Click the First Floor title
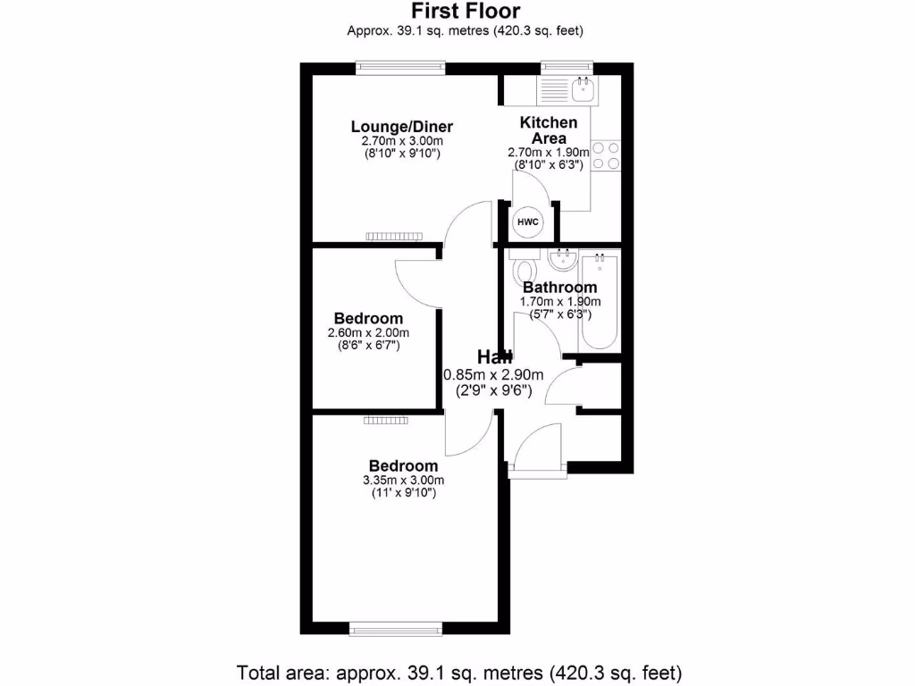(465, 12)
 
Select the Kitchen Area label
(549, 130)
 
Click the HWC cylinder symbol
(526, 221)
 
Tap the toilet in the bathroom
(524, 269)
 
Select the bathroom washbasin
(562, 261)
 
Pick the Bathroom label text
(559, 288)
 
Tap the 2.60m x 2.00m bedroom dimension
(368, 332)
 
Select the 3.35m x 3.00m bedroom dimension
(404, 480)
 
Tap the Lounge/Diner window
(400, 66)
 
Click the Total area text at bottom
(459, 671)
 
